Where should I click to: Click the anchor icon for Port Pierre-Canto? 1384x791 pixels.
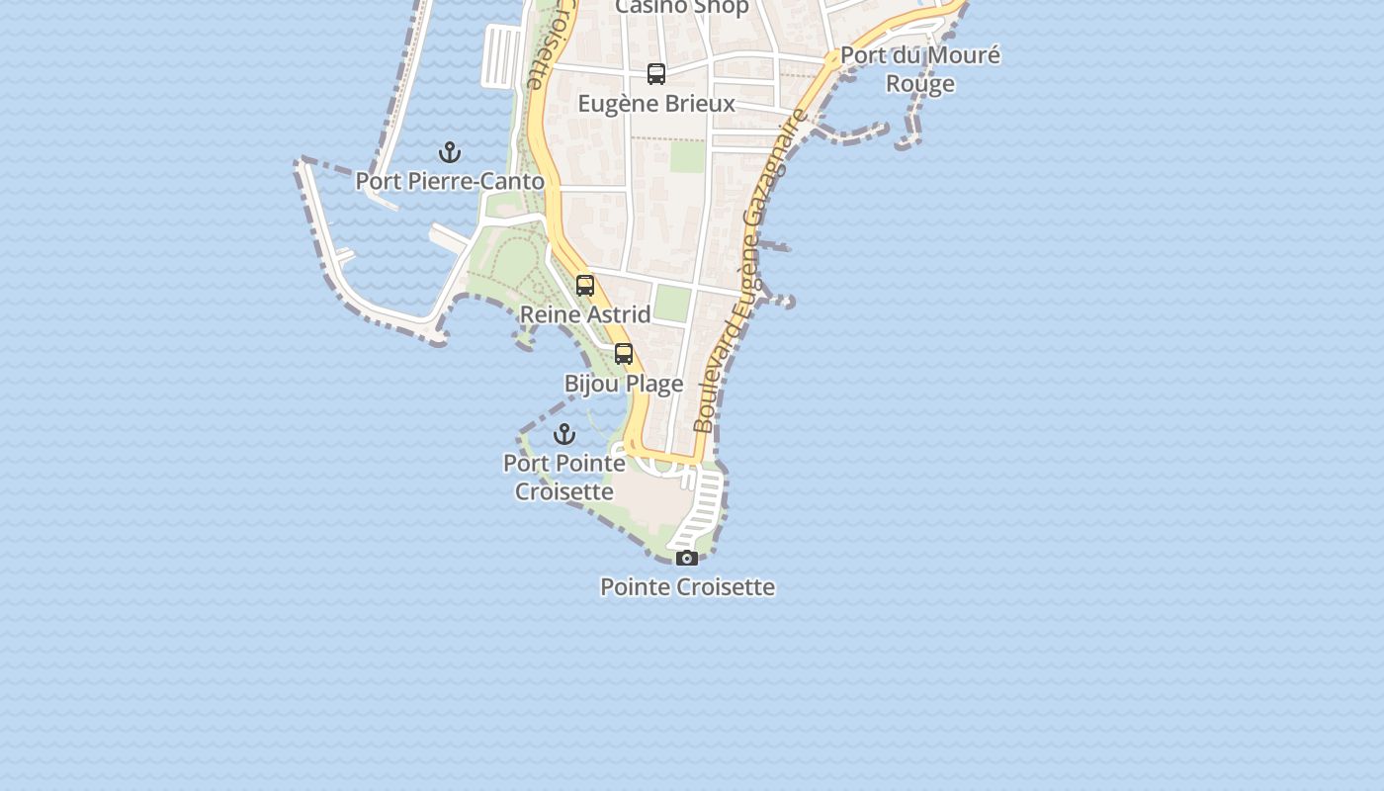[450, 152]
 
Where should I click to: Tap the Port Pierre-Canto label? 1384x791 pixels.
[450, 182]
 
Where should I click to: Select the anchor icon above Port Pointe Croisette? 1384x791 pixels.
[564, 434]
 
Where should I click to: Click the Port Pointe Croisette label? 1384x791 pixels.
[564, 477]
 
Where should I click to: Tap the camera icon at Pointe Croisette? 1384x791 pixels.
[687, 559]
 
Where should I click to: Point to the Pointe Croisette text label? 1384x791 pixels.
[687, 587]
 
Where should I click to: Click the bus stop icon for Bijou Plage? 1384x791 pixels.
[624, 354]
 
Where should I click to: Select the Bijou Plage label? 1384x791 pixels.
[624, 384]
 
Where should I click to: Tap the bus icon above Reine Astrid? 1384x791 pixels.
[585, 286]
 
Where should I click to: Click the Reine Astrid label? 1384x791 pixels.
[585, 314]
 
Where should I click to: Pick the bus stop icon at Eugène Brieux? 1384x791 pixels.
[656, 74]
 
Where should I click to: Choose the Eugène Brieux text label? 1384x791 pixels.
[656, 104]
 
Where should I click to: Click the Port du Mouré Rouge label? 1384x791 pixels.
[920, 69]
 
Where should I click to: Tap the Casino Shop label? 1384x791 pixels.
[682, 8]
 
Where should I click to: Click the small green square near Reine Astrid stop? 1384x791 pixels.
[672, 304]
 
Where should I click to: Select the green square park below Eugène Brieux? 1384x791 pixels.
[687, 156]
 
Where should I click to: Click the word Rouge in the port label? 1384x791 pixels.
[920, 84]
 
